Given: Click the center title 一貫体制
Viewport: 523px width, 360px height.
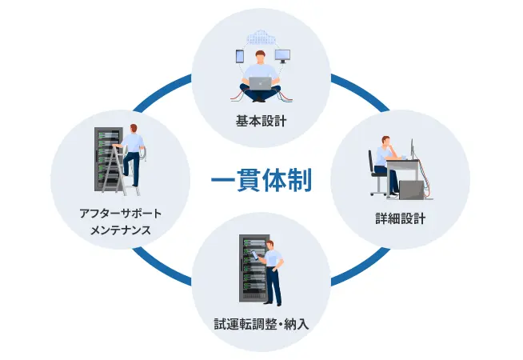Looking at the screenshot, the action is pos(261,180).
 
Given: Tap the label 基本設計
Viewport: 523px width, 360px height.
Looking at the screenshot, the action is pos(261,121).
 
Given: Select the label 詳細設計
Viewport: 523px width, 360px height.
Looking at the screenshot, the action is pos(401,218).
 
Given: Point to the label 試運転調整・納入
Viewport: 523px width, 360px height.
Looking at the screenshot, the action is pos(261,324).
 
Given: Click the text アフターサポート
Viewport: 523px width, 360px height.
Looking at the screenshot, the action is pos(121,213).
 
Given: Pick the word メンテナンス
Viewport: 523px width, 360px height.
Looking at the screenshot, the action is pos(121,230).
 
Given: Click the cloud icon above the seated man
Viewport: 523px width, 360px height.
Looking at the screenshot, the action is pos(261,38).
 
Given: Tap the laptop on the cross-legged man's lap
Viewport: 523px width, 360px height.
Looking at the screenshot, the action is pos(261,83).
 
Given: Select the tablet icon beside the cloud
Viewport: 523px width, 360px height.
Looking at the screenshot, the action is pos(240,56).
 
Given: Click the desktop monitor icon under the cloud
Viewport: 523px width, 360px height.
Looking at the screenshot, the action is pos(282,56).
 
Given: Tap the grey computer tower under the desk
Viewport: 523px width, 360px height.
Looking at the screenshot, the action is pos(412,190).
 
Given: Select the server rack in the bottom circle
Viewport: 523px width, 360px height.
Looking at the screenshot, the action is pos(253,268).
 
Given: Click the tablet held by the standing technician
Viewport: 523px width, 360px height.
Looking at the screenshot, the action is pos(256,255).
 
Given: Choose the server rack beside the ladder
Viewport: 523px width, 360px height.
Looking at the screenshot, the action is pos(107,159).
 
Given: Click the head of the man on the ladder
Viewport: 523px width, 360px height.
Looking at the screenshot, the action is pos(134,129).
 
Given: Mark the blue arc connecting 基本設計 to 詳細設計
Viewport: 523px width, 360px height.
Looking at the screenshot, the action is pos(360,92).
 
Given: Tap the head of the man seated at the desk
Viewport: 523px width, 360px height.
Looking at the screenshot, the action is pos(386,141).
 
